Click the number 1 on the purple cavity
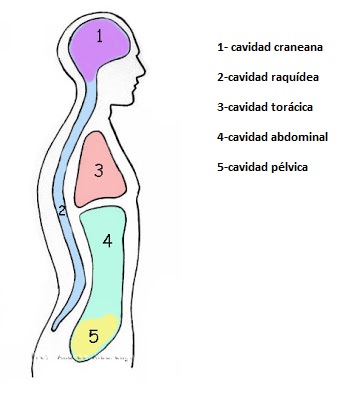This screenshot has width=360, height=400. (100, 37)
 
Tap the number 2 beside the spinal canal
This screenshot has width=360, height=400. (62, 210)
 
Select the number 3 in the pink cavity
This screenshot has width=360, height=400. (99, 170)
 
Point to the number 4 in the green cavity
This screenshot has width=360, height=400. (106, 240)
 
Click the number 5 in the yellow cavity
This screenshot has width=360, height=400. (94, 336)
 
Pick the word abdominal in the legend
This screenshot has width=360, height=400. (299, 136)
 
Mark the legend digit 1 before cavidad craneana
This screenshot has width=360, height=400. (219, 46)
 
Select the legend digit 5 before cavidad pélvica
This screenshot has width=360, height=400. (219, 166)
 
